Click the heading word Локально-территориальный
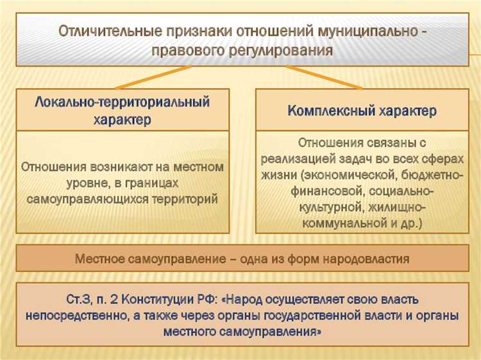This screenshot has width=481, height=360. [x=122, y=101]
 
